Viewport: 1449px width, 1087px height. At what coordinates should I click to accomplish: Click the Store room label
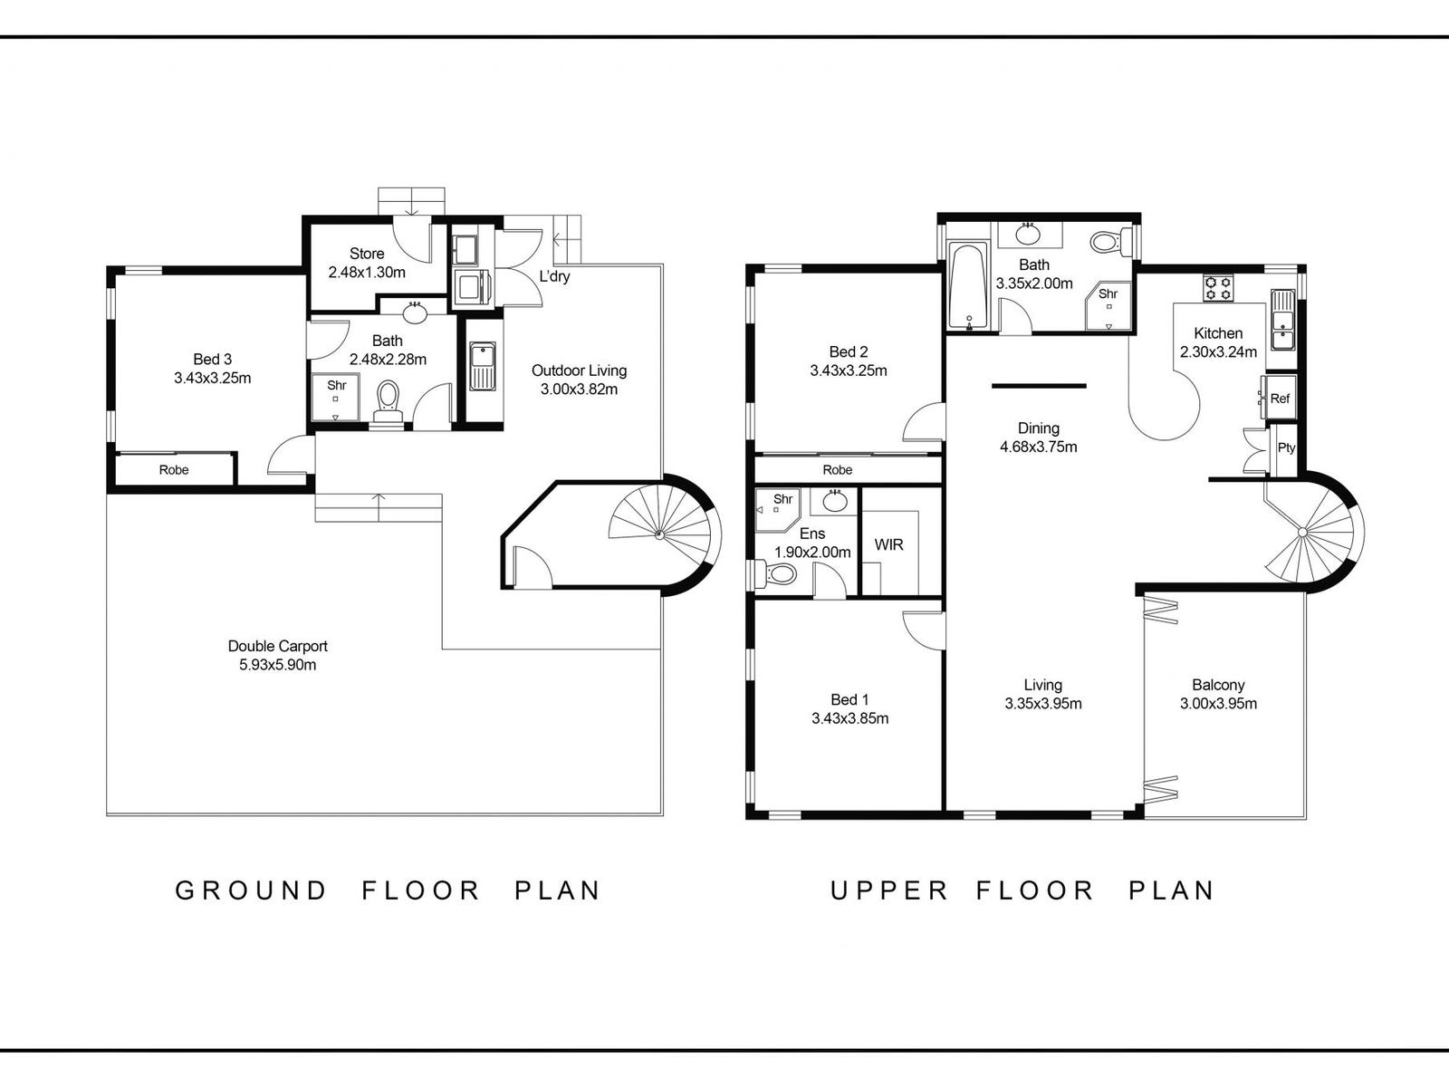[367, 254]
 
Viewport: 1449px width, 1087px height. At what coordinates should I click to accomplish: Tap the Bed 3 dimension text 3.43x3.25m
[213, 378]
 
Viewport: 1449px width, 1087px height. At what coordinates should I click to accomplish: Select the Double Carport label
[277, 646]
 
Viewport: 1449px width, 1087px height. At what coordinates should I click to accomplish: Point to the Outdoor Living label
[579, 370]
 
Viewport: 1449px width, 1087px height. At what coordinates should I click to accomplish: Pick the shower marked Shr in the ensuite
[778, 509]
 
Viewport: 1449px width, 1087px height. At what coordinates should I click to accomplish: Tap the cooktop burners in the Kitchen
[1218, 288]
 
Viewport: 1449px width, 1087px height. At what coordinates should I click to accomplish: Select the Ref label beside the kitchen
[1280, 399]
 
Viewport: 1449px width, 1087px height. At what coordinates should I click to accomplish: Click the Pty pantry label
[1286, 447]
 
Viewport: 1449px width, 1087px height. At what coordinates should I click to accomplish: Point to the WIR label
[888, 544]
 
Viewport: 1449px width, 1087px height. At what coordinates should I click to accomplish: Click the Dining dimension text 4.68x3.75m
[1039, 447]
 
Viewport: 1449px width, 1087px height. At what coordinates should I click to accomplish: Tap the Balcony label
[1218, 685]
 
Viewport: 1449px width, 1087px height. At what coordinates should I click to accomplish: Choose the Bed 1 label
[849, 699]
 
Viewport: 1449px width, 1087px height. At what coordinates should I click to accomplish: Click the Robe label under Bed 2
[837, 470]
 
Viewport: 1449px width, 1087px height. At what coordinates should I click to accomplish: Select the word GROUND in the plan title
[251, 890]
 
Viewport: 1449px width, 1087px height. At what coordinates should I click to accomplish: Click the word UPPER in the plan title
[889, 890]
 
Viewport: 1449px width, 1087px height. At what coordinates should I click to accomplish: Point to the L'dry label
[554, 276]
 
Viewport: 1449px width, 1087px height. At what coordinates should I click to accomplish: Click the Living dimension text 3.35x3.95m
[1043, 704]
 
